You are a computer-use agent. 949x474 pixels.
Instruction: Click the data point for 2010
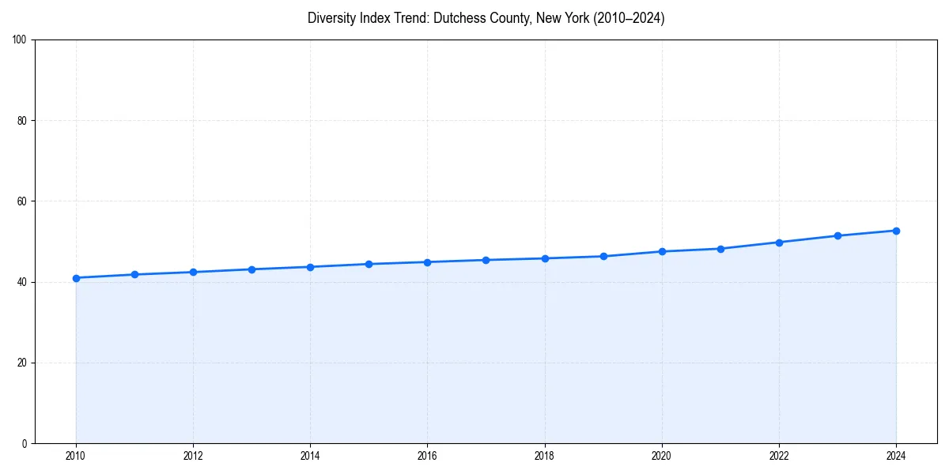pos(76,278)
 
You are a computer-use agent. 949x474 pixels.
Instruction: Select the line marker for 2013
pos(251,269)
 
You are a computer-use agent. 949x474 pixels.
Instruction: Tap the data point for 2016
pos(427,262)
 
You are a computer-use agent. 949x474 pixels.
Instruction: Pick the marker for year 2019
pos(603,256)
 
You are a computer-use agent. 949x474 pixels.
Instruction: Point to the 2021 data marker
pos(720,249)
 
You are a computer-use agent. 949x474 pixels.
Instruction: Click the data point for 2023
pos(837,235)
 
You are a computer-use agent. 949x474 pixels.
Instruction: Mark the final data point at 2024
pos(896,231)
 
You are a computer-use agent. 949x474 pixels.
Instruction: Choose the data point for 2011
pos(134,274)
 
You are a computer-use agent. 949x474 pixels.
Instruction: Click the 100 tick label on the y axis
pos(20,39)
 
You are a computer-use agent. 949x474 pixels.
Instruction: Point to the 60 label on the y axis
pos(22,201)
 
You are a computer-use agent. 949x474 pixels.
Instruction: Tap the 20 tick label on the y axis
pos(22,363)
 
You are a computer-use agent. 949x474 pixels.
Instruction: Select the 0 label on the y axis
pos(25,443)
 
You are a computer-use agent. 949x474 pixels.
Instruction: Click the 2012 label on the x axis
pos(193,456)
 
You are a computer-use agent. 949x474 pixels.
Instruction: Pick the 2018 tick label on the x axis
pos(544,456)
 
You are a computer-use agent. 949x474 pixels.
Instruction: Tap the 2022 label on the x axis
pos(779,456)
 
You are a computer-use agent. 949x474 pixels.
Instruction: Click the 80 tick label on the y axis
pos(22,121)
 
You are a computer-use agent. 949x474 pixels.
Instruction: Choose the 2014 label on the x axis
pos(310,456)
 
